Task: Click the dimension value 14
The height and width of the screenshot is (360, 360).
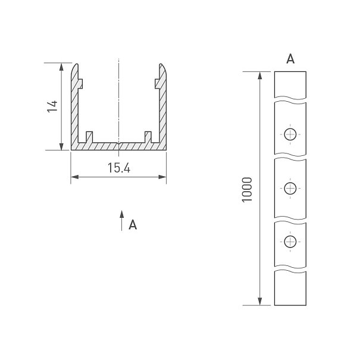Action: point(52,107)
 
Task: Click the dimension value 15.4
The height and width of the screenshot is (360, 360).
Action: point(119,168)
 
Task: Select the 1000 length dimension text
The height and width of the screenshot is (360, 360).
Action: point(247,190)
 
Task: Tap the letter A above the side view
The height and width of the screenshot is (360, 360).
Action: point(290,59)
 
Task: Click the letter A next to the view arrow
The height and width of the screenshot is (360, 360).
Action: point(133,224)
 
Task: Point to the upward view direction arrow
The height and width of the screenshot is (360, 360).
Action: point(121,220)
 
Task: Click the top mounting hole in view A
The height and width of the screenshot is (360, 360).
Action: point(290,134)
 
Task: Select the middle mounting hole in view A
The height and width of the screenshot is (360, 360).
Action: point(290,188)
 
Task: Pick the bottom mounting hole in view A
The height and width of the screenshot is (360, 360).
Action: point(290,242)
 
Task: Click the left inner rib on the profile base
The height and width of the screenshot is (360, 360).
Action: point(89,137)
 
